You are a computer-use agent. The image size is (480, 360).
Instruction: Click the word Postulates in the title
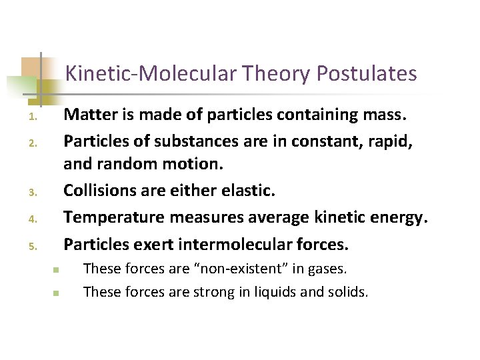pyautogui.click(x=367, y=73)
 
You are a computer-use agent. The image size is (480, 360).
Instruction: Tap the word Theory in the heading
pyautogui.click(x=276, y=73)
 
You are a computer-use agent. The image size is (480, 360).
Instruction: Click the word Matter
pyautogui.click(x=90, y=115)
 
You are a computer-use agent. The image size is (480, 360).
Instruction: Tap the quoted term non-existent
pyautogui.click(x=248, y=269)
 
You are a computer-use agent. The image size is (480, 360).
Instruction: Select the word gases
pyautogui.click(x=329, y=269)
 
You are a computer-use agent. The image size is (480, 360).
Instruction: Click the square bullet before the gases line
pyautogui.click(x=57, y=270)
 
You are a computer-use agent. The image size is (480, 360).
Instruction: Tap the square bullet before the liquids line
pyautogui.click(x=57, y=292)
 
